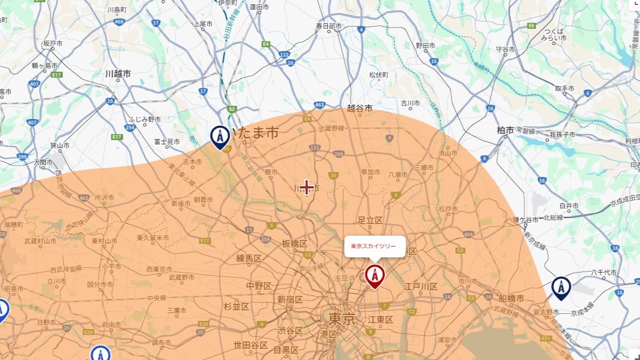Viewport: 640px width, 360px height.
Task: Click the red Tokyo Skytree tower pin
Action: tap(374, 275)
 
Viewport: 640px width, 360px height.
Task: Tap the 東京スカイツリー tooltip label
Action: tap(373, 246)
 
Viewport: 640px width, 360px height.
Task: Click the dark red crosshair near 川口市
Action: tap(307, 187)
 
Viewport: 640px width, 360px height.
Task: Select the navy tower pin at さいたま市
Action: tap(220, 136)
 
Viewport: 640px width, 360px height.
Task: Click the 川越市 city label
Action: tap(118, 73)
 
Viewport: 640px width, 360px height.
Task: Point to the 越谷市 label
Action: tap(360, 109)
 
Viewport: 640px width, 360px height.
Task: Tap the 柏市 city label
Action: tap(505, 130)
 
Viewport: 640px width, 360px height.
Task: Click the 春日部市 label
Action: tap(329, 26)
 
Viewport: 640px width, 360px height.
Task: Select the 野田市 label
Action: tap(426, 45)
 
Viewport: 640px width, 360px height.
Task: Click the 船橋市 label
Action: tap(511, 299)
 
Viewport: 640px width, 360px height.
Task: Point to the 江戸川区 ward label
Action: tap(421, 286)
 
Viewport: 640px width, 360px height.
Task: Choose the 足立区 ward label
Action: tap(370, 220)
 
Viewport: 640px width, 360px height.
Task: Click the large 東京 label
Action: tap(342, 318)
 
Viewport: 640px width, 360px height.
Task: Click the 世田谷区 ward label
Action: tap(250, 345)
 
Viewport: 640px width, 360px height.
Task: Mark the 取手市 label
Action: tap(564, 88)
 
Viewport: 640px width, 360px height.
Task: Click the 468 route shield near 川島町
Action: tap(119, 22)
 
